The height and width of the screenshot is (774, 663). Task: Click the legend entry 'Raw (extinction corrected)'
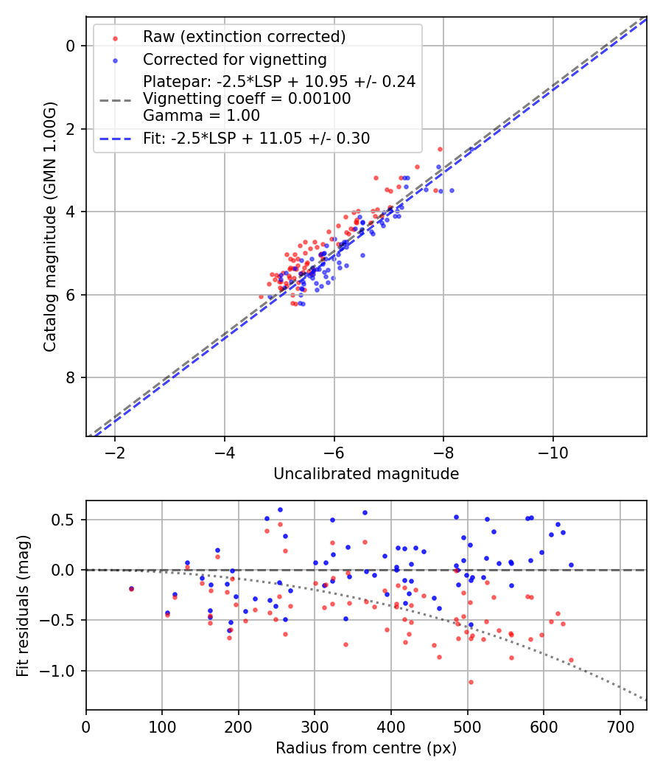[x=244, y=37]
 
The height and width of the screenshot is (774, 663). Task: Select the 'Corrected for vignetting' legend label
[x=234, y=59]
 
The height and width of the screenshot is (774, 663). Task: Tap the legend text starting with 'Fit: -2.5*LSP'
[x=256, y=138]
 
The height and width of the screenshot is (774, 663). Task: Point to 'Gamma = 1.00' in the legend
[x=201, y=115]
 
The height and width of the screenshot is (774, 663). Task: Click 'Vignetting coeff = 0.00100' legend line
[x=247, y=99]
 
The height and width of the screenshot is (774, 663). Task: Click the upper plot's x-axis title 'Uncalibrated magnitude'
[x=366, y=474]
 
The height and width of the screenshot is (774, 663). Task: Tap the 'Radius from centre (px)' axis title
[x=366, y=748]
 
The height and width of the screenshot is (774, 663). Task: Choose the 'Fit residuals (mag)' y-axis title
[x=23, y=605]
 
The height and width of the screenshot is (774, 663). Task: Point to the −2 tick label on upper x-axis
[x=115, y=453]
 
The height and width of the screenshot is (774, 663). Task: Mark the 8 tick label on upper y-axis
[x=71, y=378]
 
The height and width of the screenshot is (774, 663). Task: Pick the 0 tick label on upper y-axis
[x=71, y=46]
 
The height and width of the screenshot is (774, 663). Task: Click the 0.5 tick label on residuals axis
[x=66, y=520]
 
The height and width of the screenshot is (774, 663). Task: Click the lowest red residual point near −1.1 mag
[x=471, y=682]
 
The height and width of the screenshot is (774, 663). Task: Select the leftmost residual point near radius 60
[x=131, y=589]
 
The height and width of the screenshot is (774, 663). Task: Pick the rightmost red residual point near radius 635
[x=571, y=660]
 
